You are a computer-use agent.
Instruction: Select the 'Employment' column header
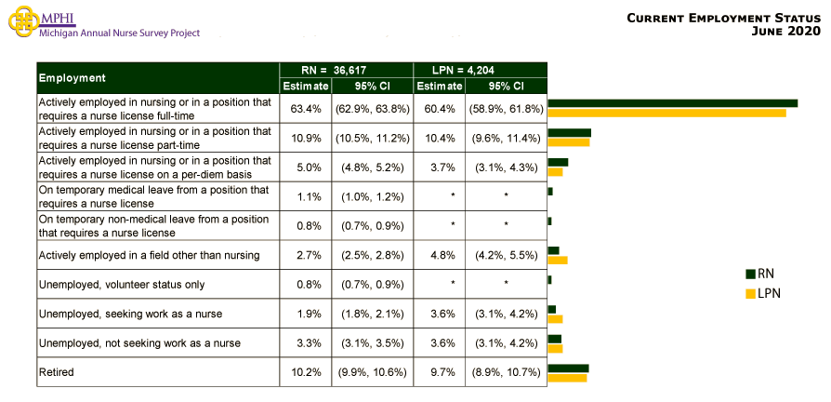73,77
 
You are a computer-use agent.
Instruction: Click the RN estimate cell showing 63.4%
306,109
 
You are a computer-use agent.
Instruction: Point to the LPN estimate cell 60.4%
439,109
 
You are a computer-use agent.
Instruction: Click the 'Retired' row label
56,372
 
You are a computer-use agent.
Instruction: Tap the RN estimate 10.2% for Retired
306,372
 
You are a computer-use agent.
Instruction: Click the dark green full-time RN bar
672,103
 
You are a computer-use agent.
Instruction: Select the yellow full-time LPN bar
666,114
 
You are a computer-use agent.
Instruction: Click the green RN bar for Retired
568,368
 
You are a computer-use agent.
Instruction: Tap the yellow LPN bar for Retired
567,378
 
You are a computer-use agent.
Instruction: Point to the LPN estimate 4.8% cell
439,255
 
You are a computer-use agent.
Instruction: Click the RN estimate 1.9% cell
306,314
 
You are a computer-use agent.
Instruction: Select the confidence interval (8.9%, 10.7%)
506,372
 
